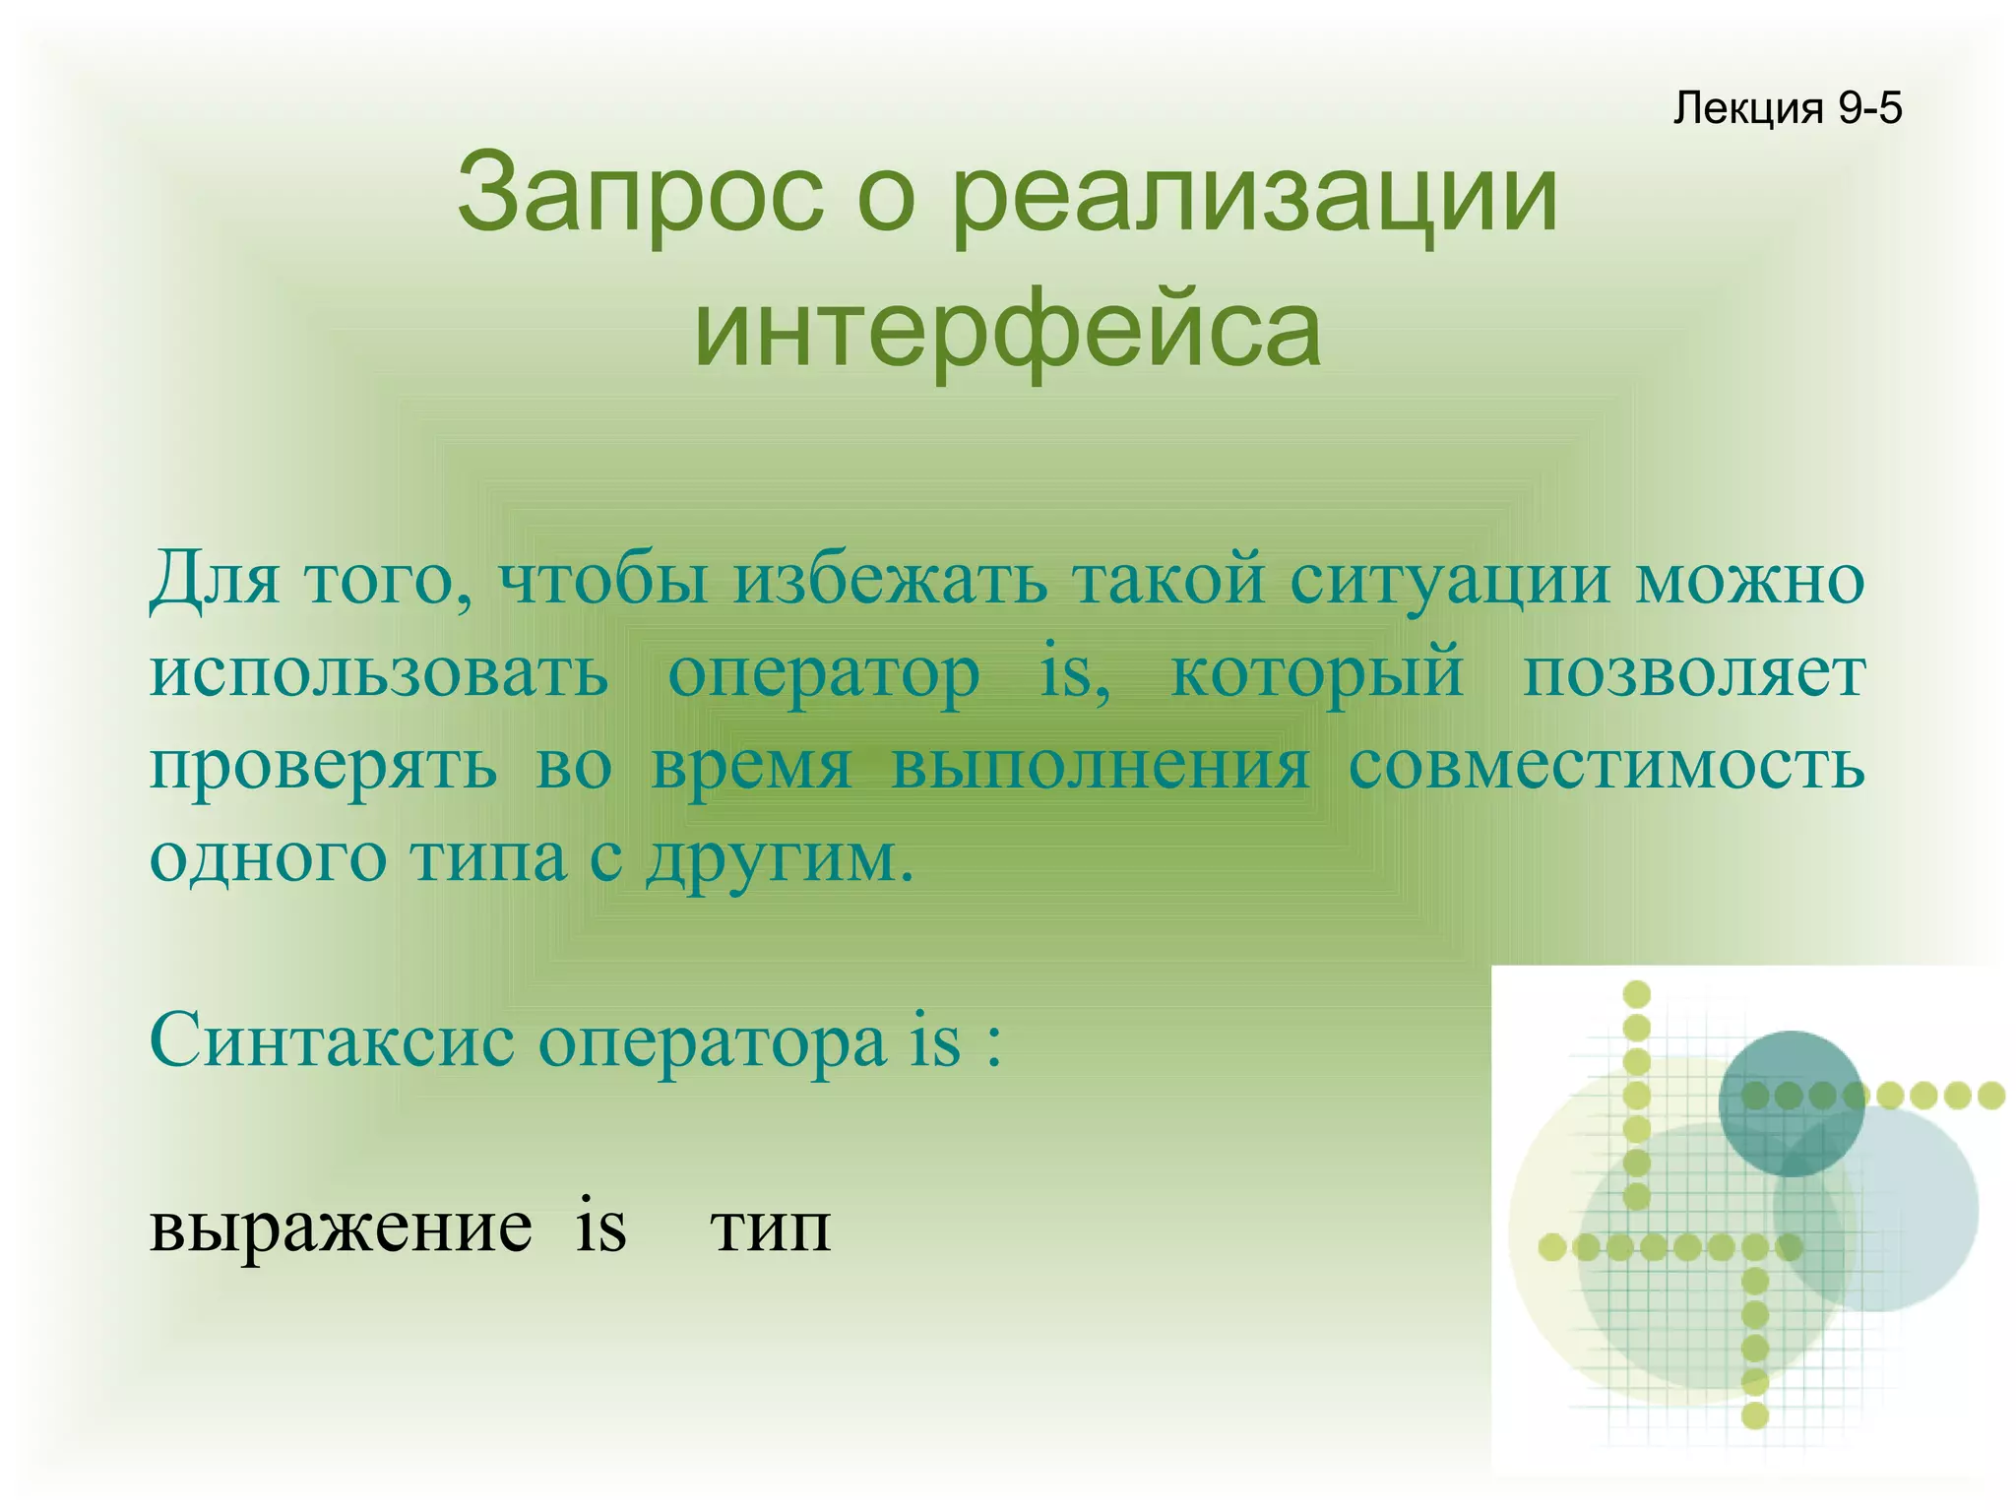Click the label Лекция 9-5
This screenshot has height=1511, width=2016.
coord(1787,108)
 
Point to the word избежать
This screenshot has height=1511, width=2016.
coord(891,580)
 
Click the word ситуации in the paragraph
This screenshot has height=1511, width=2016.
coord(1450,580)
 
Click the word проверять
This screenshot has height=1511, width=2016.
coord(323,767)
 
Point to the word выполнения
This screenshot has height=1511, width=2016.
coord(1100,767)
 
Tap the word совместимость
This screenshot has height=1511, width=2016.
coord(1606,765)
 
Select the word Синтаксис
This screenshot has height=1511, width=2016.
coord(332,1041)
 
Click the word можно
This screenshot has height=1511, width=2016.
coord(1749,580)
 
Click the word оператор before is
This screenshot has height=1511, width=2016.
coord(823,676)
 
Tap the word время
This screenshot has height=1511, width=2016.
coord(751,767)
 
